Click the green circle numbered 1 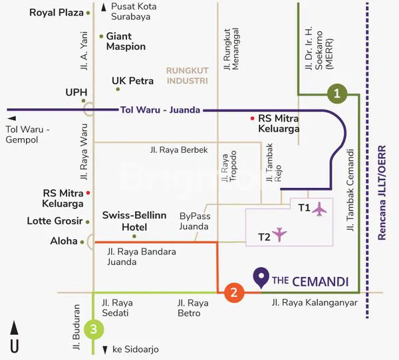338,94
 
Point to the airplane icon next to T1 320,209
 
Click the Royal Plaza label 57,13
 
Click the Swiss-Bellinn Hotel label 134,221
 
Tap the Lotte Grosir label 55,221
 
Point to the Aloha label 64,241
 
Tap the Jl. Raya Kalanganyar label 315,302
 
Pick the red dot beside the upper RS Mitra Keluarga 252,118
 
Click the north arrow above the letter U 14,328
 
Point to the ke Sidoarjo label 135,349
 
